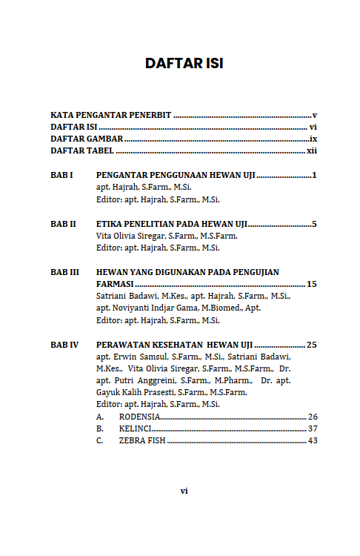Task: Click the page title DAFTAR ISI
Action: point(184,64)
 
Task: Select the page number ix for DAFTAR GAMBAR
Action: point(313,139)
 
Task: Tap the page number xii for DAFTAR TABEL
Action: point(312,150)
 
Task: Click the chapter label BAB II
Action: point(63,224)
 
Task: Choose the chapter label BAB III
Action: point(64,272)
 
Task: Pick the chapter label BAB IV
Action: point(64,344)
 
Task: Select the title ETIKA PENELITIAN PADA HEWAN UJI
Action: point(172,224)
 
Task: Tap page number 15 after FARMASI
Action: point(312,284)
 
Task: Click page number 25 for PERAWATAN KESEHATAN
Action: point(312,344)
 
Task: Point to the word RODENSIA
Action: point(139,417)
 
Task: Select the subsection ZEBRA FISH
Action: point(142,440)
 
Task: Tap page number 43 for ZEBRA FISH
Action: point(313,440)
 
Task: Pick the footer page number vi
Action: point(184,490)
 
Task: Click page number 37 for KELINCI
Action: point(313,428)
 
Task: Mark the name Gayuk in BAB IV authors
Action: point(109,392)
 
